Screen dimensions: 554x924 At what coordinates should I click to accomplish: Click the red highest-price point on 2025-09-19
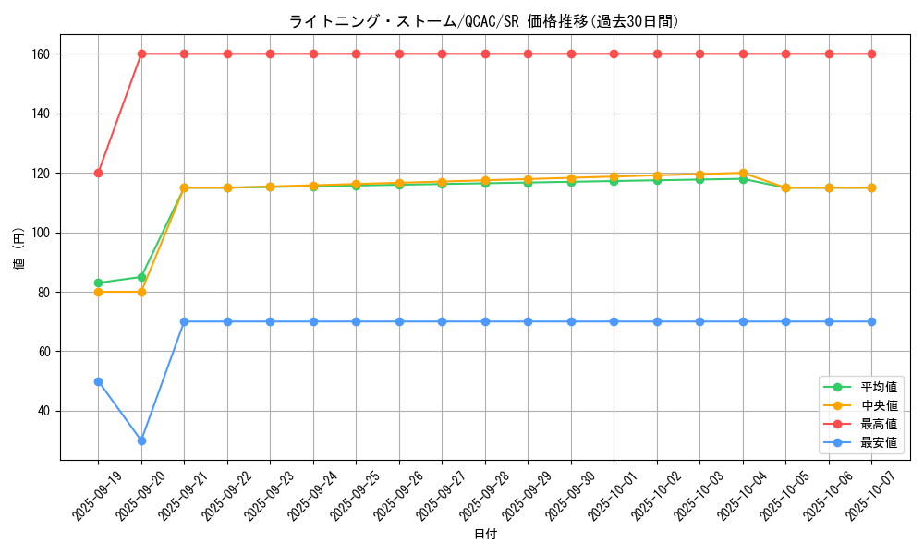click(98, 173)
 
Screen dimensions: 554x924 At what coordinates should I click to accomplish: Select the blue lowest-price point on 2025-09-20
click(141, 440)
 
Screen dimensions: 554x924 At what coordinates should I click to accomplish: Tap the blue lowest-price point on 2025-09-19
click(98, 381)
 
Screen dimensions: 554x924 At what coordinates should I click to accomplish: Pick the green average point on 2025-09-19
click(98, 283)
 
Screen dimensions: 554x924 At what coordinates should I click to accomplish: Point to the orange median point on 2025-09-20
click(141, 292)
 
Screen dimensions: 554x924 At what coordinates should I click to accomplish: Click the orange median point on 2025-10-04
click(743, 173)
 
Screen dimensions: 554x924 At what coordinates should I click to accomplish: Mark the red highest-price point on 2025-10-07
click(871, 54)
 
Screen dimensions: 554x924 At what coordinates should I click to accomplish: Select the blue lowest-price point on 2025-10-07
click(871, 321)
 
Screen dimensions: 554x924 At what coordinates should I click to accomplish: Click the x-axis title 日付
click(485, 535)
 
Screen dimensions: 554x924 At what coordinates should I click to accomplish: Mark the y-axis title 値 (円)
click(18, 248)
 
